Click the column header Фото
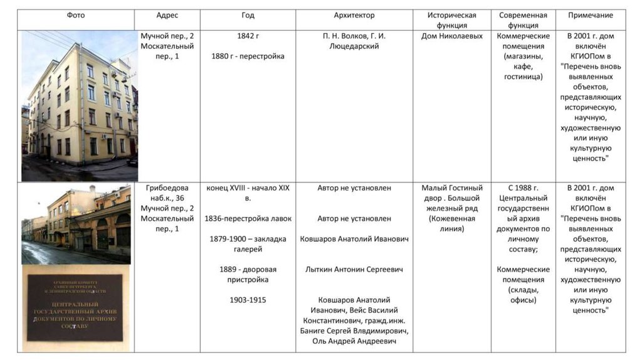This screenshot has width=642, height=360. (x=76, y=15)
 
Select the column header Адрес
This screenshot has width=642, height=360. (x=167, y=15)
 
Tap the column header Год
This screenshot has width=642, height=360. (x=248, y=15)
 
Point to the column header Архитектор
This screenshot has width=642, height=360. (x=354, y=15)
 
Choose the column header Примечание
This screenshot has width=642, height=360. (x=590, y=15)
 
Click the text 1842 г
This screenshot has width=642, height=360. (x=248, y=36)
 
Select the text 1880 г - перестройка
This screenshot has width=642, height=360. (x=248, y=56)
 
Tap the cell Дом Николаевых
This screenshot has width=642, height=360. (x=452, y=36)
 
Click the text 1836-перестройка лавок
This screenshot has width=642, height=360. (x=248, y=218)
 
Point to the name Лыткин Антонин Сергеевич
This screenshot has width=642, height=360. (x=354, y=269)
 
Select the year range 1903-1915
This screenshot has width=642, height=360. (x=248, y=300)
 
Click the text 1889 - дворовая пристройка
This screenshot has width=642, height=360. (x=248, y=274)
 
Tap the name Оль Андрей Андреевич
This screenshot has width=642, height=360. (x=354, y=341)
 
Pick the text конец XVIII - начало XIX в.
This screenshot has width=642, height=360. (x=248, y=193)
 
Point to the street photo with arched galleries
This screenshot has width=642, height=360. (x=76, y=223)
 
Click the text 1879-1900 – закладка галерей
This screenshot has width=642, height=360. (x=248, y=243)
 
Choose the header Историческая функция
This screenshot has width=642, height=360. (x=452, y=20)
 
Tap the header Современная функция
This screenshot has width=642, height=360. (x=523, y=20)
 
